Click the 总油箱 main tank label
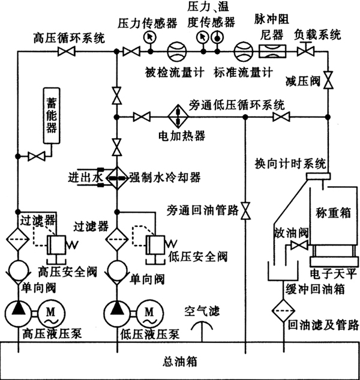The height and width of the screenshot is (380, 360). coord(180,362)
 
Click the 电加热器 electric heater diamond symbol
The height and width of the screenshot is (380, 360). coord(178,116)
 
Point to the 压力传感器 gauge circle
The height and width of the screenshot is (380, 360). coord(148,37)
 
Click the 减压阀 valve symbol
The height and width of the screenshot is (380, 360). coord(328,84)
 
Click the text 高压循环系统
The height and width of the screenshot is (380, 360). coord(68,38)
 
